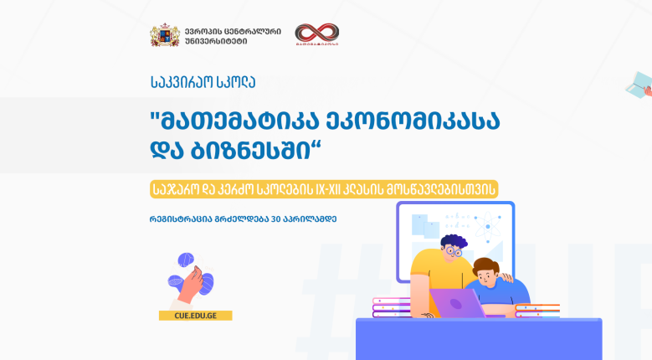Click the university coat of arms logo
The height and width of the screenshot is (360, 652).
click(x=165, y=35)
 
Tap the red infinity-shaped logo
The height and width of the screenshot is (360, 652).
click(x=317, y=34)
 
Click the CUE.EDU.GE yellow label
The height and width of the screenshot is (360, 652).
click(x=196, y=316)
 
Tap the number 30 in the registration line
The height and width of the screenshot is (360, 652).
click(x=276, y=219)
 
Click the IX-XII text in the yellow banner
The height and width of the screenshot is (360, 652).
click(x=328, y=189)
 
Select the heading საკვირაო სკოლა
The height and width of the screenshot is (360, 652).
click(x=203, y=82)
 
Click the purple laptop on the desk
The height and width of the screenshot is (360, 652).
click(x=457, y=302)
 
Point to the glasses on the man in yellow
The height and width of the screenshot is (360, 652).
click(x=454, y=251)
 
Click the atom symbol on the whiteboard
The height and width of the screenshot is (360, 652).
click(x=488, y=227)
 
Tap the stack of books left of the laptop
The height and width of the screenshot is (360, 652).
click(x=392, y=306)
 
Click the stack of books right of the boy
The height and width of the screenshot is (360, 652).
click(x=537, y=311)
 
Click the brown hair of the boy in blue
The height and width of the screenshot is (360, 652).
click(x=485, y=265)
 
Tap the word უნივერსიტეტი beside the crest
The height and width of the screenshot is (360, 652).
click(x=216, y=41)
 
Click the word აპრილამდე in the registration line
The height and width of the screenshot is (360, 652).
click(x=310, y=219)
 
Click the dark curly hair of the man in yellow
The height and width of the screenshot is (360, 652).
click(x=454, y=241)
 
